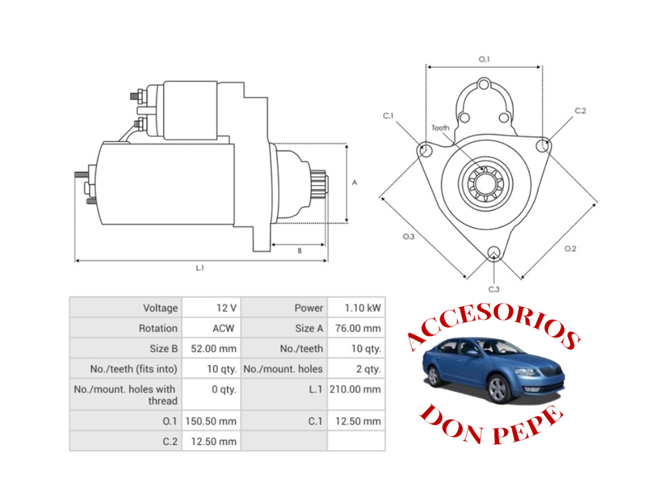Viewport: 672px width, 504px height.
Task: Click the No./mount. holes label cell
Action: click(283, 369)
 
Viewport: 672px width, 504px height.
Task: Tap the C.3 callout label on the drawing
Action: click(494, 289)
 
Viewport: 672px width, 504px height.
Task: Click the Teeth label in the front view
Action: click(440, 128)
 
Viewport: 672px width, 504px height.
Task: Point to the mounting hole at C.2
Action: click(543, 146)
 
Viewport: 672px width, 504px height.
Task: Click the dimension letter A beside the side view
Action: click(354, 183)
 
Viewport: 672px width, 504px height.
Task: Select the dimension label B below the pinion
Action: click(300, 251)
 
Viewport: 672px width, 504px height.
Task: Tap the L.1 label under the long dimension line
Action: click(199, 268)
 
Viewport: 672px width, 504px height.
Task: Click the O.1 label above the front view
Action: click(484, 59)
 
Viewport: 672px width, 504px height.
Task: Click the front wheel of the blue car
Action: click(497, 389)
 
